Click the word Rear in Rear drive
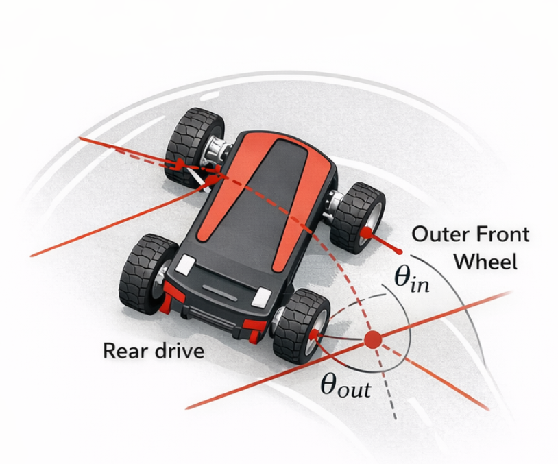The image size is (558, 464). click(x=124, y=352)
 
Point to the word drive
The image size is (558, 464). click(x=178, y=352)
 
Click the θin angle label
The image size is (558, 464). click(x=411, y=279)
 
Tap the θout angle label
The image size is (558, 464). click(x=345, y=384)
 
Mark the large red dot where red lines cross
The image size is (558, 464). click(x=372, y=339)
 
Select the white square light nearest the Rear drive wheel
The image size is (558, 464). click(x=186, y=264)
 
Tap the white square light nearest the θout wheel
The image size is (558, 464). click(x=261, y=297)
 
